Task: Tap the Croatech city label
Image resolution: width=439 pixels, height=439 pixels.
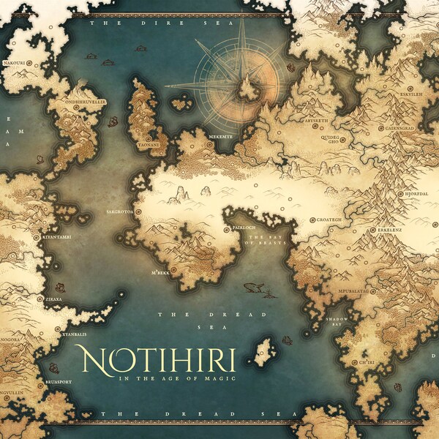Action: click(x=329, y=219)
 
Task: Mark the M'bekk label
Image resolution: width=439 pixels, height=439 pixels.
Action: click(x=160, y=272)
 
